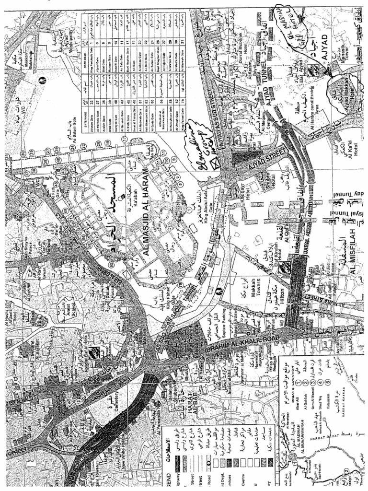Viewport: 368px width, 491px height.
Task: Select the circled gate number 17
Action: coord(123,139)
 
